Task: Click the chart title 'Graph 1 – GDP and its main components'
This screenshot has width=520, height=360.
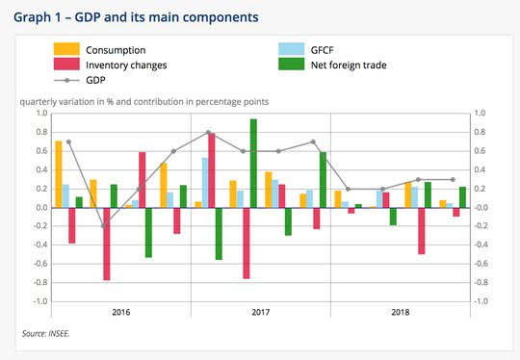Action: (136, 17)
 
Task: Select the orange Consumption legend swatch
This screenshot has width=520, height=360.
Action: (66, 49)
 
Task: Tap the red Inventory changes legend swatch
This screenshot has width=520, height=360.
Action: (66, 64)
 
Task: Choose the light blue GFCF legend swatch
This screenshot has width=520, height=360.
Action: (292, 49)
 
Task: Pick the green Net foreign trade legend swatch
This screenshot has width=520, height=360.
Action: (292, 64)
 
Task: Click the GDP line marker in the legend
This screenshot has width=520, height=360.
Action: (66, 80)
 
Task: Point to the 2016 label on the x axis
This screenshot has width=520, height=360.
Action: (121, 312)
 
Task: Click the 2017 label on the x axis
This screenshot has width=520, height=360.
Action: (261, 312)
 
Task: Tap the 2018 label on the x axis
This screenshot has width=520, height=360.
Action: (401, 312)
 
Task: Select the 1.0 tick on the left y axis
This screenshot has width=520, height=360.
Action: (41, 114)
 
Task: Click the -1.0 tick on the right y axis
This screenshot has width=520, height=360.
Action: (481, 301)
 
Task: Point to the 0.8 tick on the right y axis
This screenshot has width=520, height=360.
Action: (480, 132)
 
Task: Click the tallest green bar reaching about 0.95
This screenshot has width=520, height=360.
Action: (253, 164)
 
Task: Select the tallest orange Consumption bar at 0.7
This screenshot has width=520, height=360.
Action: (59, 174)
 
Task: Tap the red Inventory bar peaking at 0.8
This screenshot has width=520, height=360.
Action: (212, 170)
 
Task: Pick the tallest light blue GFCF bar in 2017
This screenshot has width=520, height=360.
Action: (205, 183)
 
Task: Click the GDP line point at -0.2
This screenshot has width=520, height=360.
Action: (103, 226)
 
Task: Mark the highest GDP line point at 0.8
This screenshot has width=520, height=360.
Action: (208, 133)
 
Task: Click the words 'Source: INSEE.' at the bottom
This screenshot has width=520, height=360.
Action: (46, 333)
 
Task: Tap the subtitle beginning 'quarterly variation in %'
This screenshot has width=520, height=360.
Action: (144, 102)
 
